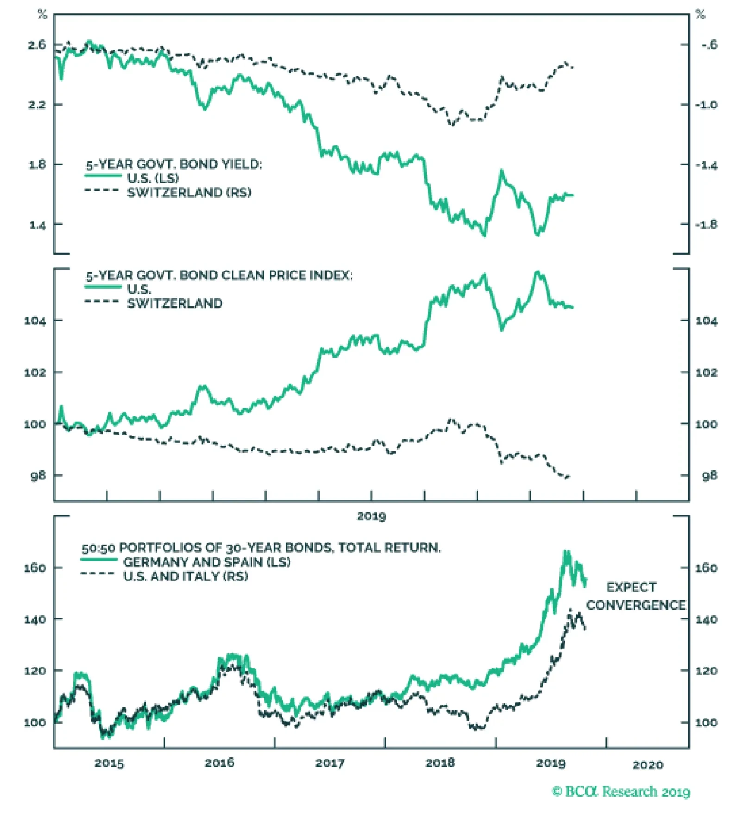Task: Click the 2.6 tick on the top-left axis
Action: [x=37, y=45]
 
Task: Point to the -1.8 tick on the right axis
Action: [x=706, y=225]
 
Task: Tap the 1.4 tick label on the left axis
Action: [x=37, y=226]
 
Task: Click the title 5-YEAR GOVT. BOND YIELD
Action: [x=174, y=164]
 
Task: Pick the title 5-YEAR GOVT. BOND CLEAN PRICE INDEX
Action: [x=219, y=276]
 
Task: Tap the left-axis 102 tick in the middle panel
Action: [x=35, y=372]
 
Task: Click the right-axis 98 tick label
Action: [x=709, y=476]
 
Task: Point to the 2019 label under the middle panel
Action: [x=371, y=516]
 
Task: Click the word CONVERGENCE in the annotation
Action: [x=636, y=605]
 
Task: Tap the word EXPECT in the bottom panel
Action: [x=631, y=587]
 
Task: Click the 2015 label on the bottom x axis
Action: [x=109, y=763]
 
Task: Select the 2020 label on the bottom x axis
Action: [x=647, y=765]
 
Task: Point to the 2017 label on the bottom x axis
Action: [x=330, y=763]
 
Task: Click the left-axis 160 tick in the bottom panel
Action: [x=35, y=568]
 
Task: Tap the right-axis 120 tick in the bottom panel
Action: [x=706, y=671]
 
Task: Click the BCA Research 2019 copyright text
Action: [x=621, y=791]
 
